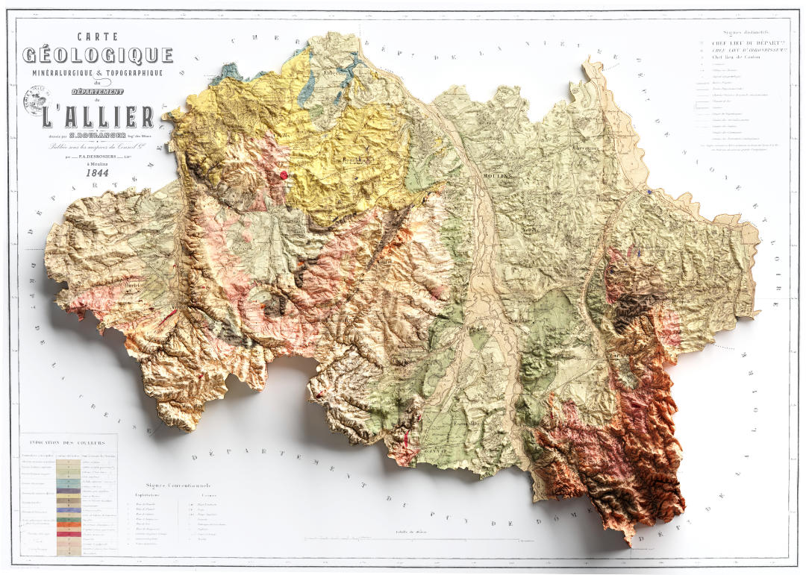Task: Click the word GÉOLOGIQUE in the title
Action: (98, 56)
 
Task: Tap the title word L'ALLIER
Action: (98, 117)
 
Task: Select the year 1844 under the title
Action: (98, 173)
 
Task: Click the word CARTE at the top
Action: (98, 36)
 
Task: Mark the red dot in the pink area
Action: (284, 175)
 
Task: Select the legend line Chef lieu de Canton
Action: (738, 57)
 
